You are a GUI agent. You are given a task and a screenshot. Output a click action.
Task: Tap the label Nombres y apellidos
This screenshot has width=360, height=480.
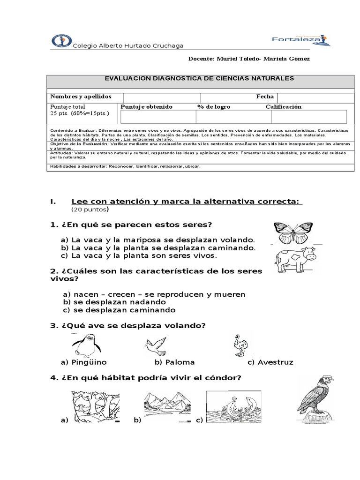pyautogui.click(x=81, y=96)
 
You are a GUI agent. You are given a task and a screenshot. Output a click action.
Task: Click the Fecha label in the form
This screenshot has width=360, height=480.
pyautogui.click(x=265, y=96)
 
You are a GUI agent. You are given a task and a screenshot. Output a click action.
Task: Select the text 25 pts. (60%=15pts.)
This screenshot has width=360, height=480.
pyautogui.click(x=79, y=113)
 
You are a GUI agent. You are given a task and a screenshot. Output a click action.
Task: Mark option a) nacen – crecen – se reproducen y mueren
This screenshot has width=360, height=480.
pyautogui.click(x=154, y=294)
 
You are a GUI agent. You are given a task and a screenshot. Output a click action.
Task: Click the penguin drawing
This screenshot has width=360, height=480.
pyautogui.click(x=84, y=345)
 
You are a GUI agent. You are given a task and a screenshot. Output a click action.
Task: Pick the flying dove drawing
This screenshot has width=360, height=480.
pyautogui.click(x=155, y=345)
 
